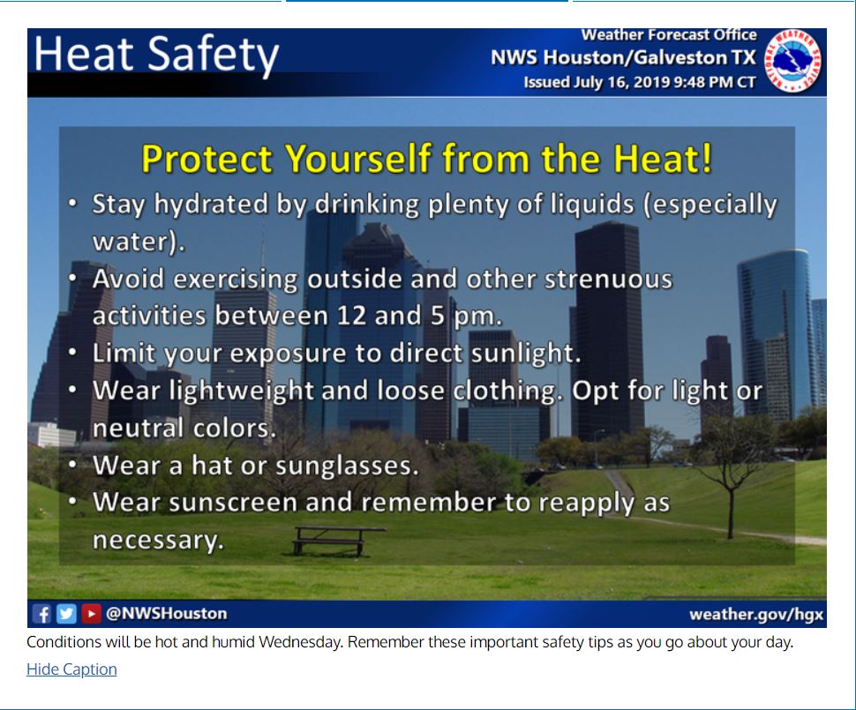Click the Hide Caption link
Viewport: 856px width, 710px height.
71,669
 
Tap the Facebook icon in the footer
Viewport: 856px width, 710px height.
41,614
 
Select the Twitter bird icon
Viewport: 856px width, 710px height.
66,614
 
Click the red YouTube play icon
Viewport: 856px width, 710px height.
91,614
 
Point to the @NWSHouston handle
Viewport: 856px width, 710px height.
167,613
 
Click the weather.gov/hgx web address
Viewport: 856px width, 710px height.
756,615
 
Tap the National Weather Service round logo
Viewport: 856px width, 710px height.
792,61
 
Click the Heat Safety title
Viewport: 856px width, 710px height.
157,55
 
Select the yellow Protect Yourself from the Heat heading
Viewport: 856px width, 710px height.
427,159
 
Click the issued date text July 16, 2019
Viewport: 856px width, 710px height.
620,82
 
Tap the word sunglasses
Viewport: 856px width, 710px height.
347,466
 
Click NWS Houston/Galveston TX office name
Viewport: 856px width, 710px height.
623,57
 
